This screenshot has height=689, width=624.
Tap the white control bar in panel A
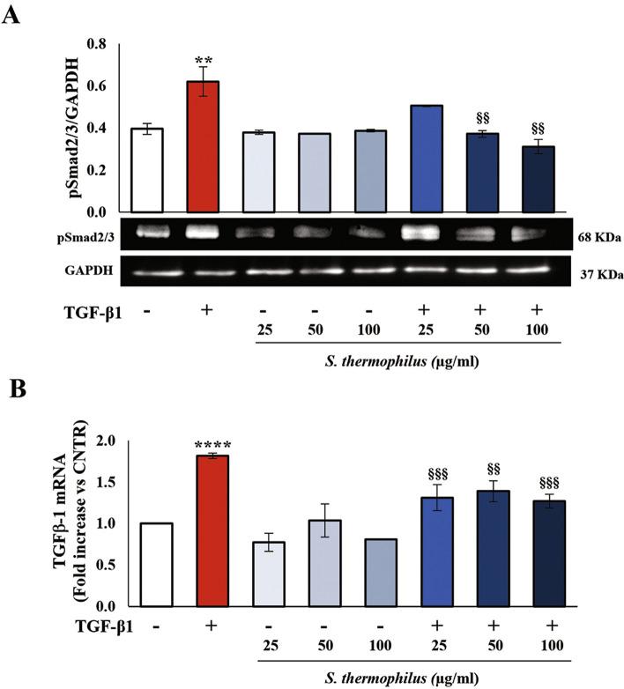tap(146, 170)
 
